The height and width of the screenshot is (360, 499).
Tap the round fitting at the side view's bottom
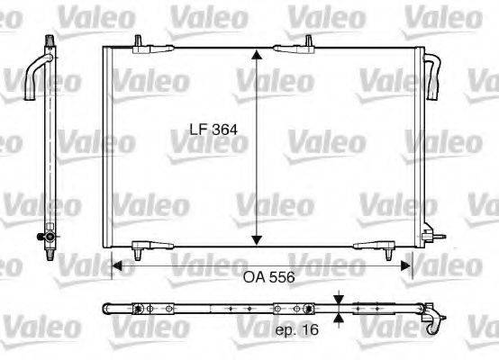coord(40,238)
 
